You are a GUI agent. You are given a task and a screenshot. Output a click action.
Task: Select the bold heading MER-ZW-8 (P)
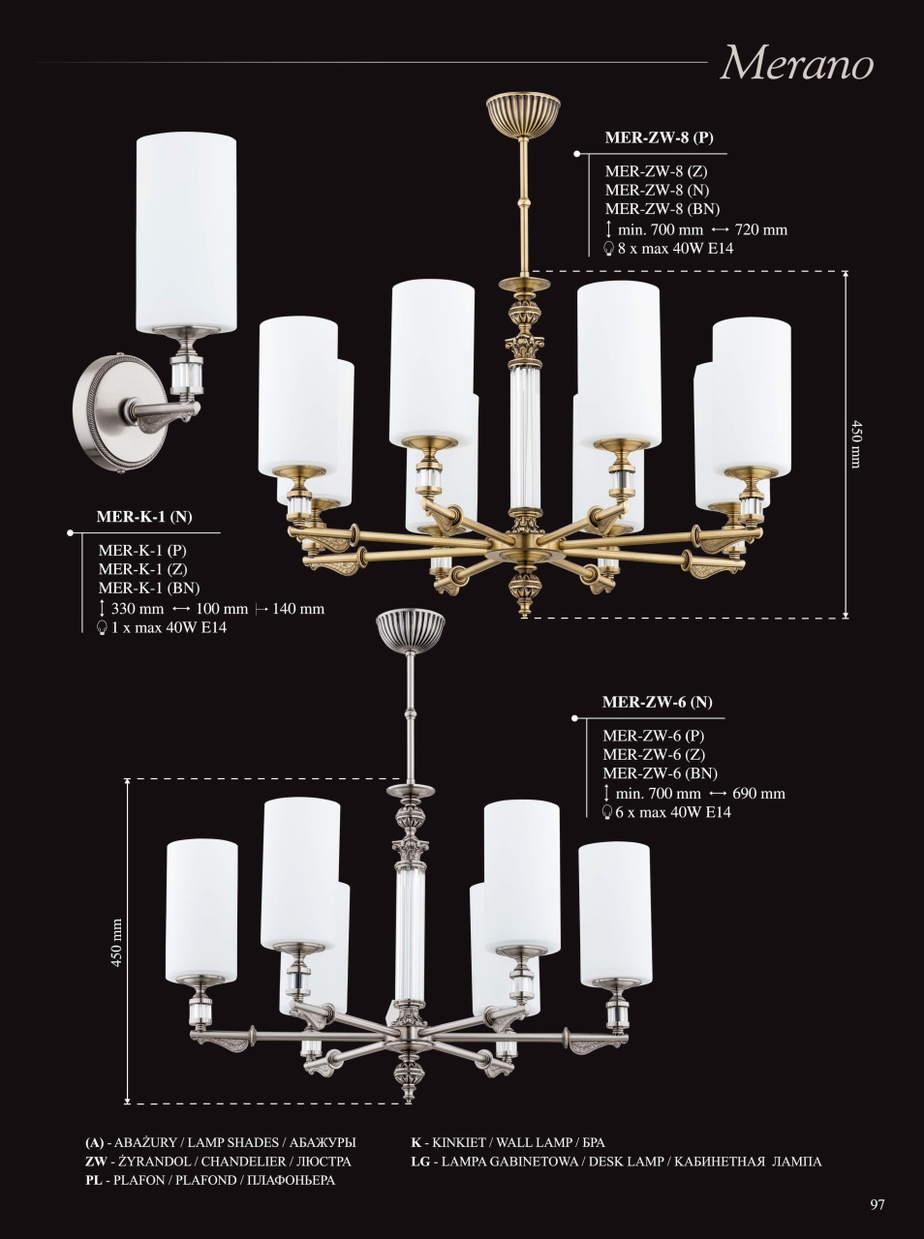[660, 137]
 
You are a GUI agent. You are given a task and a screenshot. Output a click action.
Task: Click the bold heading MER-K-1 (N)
[144, 517]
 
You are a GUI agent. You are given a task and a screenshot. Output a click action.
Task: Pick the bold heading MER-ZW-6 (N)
[658, 702]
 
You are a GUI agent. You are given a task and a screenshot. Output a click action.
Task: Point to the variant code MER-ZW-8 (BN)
[662, 209]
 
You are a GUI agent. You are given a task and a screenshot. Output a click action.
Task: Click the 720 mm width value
[760, 229]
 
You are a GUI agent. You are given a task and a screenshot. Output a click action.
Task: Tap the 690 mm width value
[758, 794]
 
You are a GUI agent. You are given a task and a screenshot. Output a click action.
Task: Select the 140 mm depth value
[298, 609]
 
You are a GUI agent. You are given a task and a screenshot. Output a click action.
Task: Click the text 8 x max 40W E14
[675, 248]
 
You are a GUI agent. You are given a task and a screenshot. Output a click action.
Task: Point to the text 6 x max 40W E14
[673, 812]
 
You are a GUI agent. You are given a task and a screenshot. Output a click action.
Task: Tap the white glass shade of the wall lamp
[185, 233]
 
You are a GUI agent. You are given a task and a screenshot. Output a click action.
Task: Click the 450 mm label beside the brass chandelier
[855, 443]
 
